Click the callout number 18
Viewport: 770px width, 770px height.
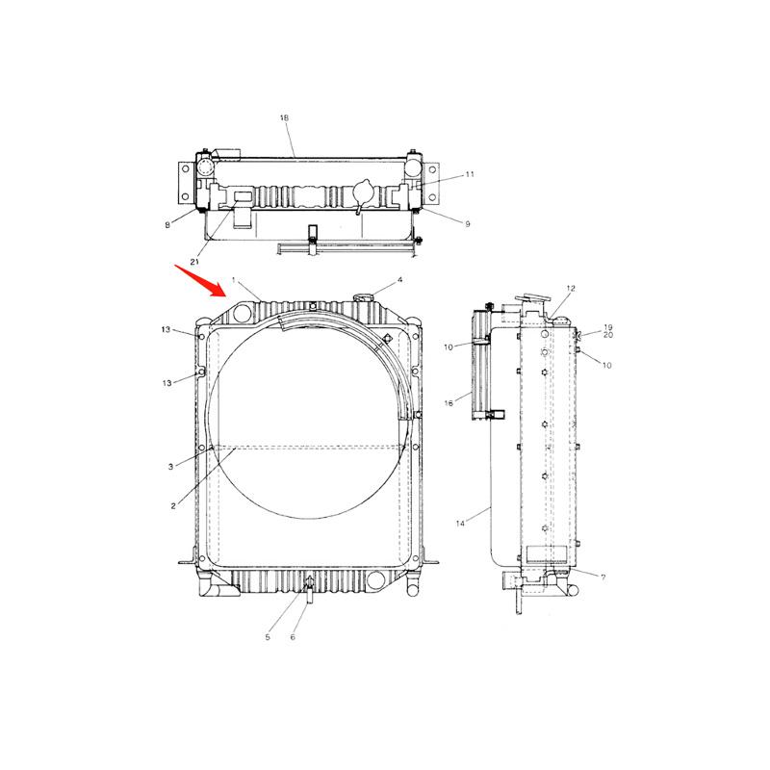[284, 117]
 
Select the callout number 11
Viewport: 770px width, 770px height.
[470, 175]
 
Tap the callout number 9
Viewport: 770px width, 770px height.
[467, 224]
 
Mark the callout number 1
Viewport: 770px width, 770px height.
[233, 279]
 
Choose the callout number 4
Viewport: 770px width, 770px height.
[400, 280]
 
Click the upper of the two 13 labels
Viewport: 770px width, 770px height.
[167, 330]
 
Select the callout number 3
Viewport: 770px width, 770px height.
[169, 467]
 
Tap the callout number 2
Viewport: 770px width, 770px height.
[174, 505]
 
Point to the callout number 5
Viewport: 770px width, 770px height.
[269, 636]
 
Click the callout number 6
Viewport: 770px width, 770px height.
[293, 637]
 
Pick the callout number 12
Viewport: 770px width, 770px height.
[570, 289]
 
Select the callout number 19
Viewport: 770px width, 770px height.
[608, 327]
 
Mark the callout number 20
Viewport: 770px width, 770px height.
[608, 336]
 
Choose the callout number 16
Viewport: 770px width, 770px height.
[449, 403]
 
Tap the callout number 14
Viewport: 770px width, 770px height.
[460, 523]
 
